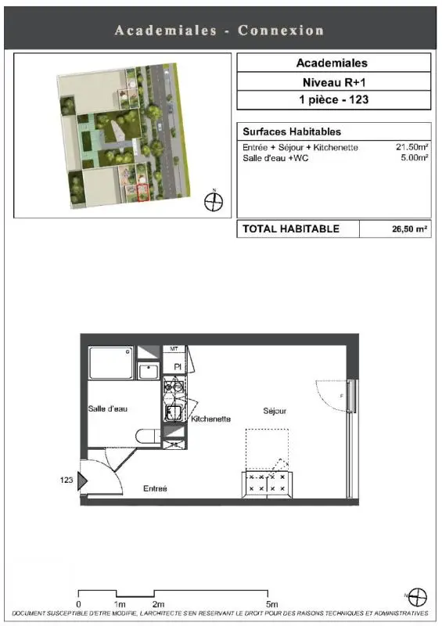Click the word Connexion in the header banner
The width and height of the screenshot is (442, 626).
pos(281,31)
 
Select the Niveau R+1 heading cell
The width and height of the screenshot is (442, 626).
pos(334,82)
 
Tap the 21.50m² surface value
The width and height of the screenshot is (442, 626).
pos(412,147)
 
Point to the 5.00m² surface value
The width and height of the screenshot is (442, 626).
pos(415,158)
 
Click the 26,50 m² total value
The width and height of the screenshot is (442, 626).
pos(409,229)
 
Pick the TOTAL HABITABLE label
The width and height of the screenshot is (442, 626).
pos(291,228)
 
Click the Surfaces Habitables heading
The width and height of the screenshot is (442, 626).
pos(292,131)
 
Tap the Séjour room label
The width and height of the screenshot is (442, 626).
pos(275,411)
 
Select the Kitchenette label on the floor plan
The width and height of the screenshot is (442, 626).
pos(210,419)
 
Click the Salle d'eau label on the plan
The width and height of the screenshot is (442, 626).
pos(108,408)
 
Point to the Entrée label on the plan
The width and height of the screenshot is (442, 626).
pos(155,488)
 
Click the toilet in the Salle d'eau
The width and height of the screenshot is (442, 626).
pos(148,436)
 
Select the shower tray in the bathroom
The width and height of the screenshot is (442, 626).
pos(111,362)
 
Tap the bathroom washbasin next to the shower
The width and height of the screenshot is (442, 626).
pos(149,371)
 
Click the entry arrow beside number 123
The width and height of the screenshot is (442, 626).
pos(82,481)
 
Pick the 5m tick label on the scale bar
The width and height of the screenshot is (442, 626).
pos(271,604)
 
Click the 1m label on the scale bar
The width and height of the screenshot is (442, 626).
pos(119,604)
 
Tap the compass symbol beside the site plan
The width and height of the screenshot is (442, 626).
pos(214,201)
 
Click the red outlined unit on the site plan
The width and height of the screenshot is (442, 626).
pos(143,192)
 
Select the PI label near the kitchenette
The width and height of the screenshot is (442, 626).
pos(178,367)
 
